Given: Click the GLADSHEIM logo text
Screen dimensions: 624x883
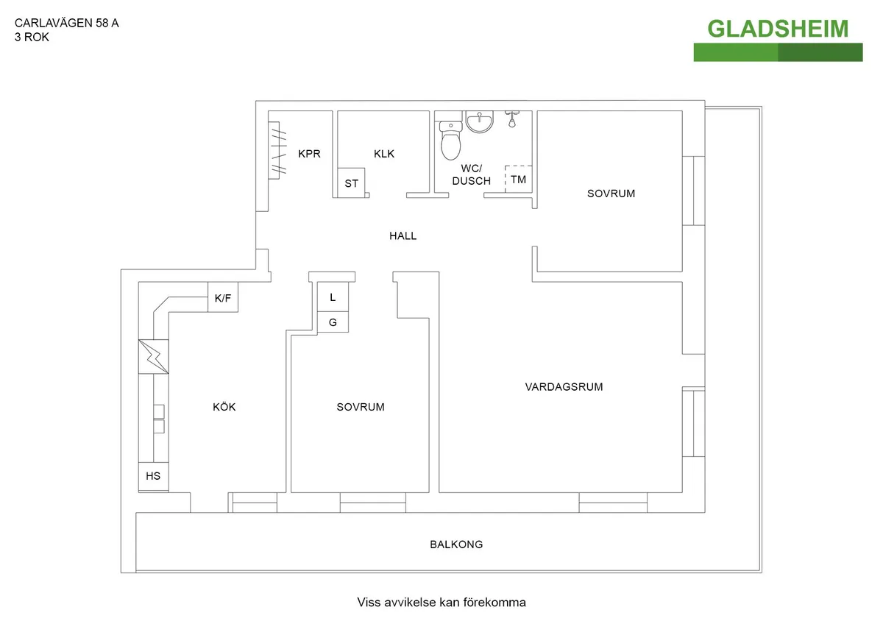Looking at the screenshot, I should pos(778,29).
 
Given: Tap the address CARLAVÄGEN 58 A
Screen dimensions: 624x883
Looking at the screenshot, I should pos(67,23).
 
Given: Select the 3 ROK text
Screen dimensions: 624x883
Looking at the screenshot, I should pos(32,38).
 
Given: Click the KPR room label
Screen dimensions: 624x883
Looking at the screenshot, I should pos(310,155).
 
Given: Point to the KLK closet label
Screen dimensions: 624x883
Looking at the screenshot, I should pos(384,154).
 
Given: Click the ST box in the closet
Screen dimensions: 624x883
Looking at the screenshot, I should pos(352,183).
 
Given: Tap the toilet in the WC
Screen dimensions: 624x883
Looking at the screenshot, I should pos(450,141).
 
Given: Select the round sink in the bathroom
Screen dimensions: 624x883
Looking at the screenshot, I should pos(480,121).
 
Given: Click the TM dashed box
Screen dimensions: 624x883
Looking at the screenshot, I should pos(519,180).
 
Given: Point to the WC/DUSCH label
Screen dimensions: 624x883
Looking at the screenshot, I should pos(472,174).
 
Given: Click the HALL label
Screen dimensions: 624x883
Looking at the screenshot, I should pos(403,236).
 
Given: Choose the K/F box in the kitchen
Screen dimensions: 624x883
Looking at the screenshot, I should pos(222,299).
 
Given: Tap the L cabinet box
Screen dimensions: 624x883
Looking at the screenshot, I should pos(333,297).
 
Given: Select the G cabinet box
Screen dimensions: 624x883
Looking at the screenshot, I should pos(333,322).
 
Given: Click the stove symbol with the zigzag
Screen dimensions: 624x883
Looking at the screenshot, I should pos(153,357).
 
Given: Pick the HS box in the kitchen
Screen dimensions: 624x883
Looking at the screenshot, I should pos(153,476).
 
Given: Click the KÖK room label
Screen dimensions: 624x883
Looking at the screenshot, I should pos(224,407).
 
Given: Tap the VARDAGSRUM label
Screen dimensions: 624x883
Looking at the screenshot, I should pos(564,386).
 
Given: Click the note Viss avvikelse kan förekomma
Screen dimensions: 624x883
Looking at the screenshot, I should pos(441,603).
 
